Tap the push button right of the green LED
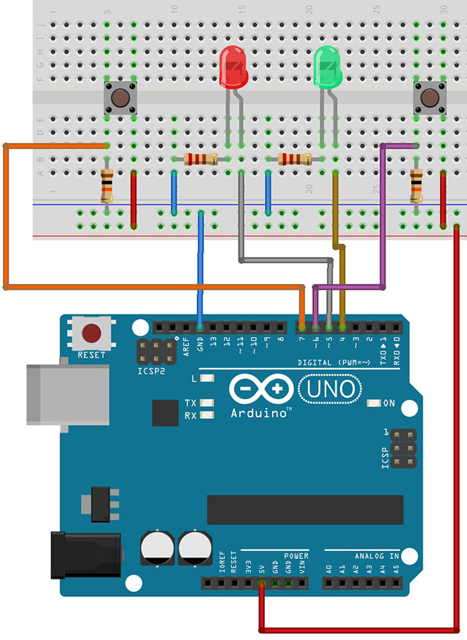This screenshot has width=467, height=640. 430,96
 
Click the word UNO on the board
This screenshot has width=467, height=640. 329,388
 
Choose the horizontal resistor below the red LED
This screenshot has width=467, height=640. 201,159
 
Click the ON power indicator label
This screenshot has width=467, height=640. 388,403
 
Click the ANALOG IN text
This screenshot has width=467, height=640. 377,556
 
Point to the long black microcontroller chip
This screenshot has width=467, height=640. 305,509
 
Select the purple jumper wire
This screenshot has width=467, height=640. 382,219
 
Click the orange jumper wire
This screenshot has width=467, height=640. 7,219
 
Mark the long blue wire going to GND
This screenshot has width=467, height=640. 201,270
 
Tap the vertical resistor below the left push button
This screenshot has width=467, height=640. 107,186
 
